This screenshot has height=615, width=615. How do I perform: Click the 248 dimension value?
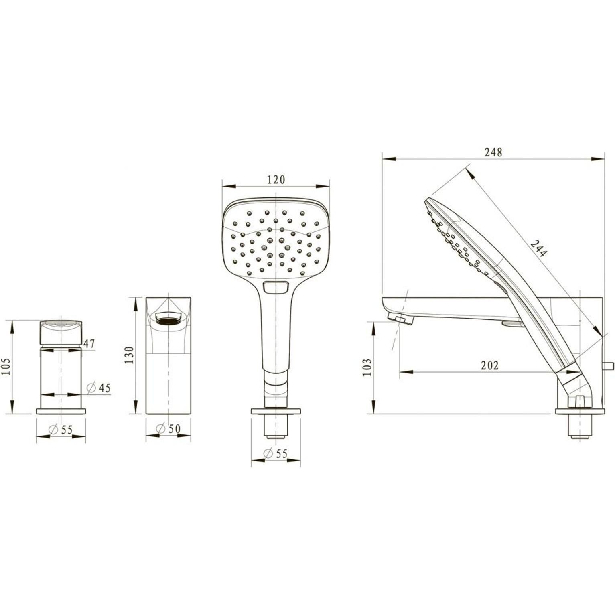click(x=493, y=152)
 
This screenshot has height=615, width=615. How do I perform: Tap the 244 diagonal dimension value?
click(x=539, y=248)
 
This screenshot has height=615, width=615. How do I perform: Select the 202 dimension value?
click(x=490, y=365)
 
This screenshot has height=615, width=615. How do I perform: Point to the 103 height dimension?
click(x=367, y=367)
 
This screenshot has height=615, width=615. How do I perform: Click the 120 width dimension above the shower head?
click(x=276, y=179)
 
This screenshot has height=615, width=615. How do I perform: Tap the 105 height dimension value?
click(x=6, y=366)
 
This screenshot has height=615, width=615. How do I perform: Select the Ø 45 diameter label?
click(x=98, y=388)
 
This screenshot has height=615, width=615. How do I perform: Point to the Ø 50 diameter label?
click(x=168, y=429)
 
